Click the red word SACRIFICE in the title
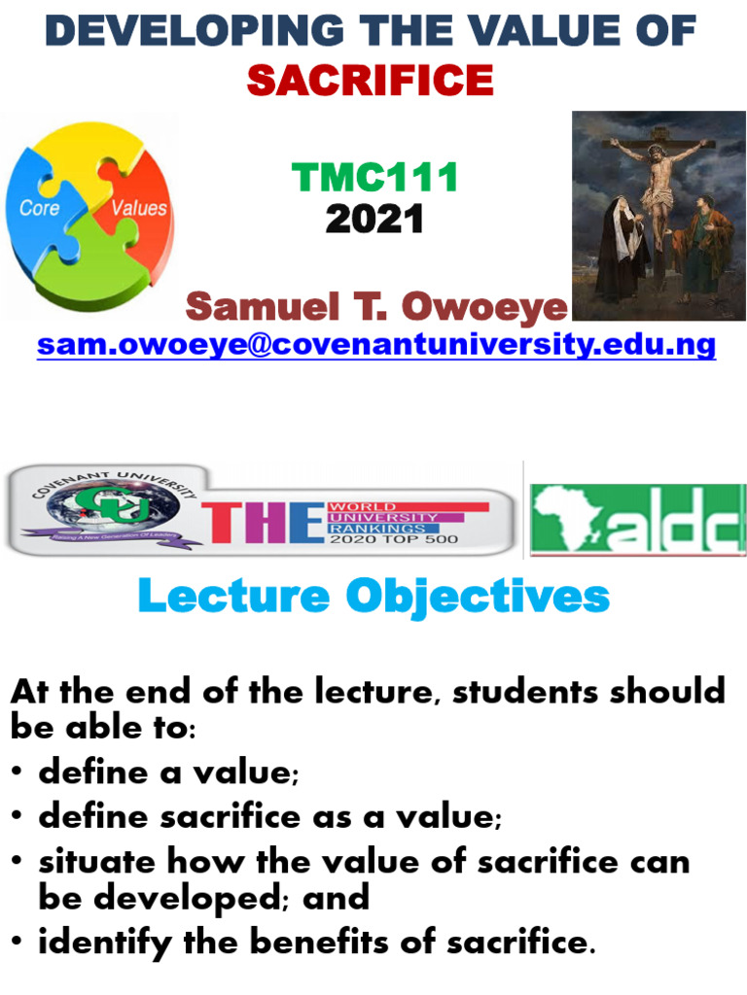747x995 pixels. [370, 79]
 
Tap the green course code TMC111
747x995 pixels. [374, 178]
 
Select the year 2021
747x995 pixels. [374, 220]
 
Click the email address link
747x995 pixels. [376, 344]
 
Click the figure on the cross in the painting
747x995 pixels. [661, 185]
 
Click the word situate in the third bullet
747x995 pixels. [96, 862]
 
